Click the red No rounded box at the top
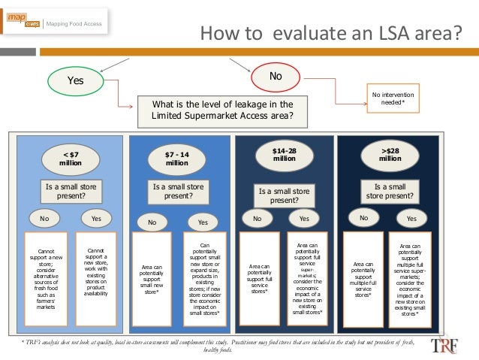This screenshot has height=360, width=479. click(x=276, y=76)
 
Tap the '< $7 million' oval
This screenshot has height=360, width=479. click(x=68, y=159)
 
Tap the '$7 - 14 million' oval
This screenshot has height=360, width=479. click(x=177, y=159)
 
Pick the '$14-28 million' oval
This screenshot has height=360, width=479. click(x=285, y=156)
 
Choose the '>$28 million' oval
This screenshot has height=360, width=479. click(x=390, y=155)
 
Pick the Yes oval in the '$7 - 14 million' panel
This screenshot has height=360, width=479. click(x=202, y=222)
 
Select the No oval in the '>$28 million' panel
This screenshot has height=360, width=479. click(x=364, y=218)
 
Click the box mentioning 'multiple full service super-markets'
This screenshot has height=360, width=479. click(x=410, y=280)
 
